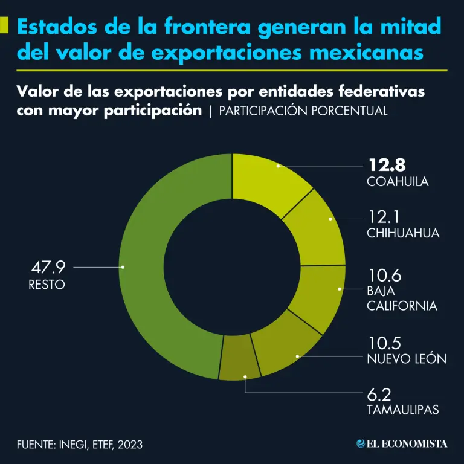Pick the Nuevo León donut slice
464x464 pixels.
pyautogui.click(x=284, y=350)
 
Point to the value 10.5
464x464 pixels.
pyautogui.click(x=384, y=342)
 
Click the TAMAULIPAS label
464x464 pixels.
pyautogui.click(x=402, y=410)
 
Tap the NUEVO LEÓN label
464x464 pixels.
pyautogui.click(x=407, y=359)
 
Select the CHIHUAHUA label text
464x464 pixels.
pyautogui.click(x=403, y=233)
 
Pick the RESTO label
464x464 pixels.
pyautogui.click(x=47, y=284)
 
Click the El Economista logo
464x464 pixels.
pyautogui.click(x=402, y=444)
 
